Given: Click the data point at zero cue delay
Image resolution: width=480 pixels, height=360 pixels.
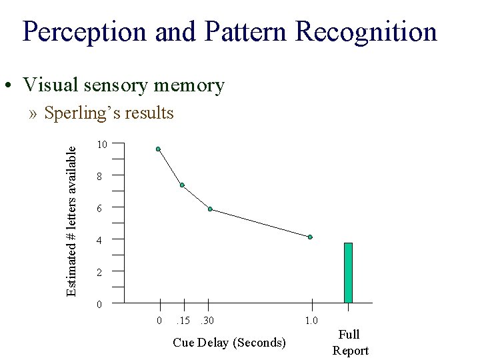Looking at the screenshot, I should point(158,149).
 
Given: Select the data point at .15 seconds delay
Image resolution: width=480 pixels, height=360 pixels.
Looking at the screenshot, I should point(182,185).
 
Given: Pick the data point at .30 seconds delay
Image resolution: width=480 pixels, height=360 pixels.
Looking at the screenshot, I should point(210,209).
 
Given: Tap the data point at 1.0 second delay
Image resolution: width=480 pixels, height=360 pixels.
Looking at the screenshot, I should point(310,237).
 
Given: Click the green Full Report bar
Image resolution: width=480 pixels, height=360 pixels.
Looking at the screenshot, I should point(348,273).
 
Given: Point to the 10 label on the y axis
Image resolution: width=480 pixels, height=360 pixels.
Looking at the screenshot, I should point(101,145).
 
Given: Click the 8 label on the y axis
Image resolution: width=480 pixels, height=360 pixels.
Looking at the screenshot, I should point(99,177).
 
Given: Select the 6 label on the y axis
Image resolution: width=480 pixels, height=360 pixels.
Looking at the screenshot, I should point(99,209).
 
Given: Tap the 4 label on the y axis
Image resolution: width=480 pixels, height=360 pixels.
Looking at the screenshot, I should point(99,241).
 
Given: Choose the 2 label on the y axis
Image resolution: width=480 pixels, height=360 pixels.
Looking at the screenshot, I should point(99,273).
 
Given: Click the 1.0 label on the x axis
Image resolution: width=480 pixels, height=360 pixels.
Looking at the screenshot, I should point(311,321).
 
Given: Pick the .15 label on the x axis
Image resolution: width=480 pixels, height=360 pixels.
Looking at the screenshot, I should point(182,321).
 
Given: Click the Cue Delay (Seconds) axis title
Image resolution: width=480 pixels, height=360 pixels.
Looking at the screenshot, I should point(229,343).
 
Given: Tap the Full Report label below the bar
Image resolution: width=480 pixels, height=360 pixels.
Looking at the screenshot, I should point(350,343).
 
